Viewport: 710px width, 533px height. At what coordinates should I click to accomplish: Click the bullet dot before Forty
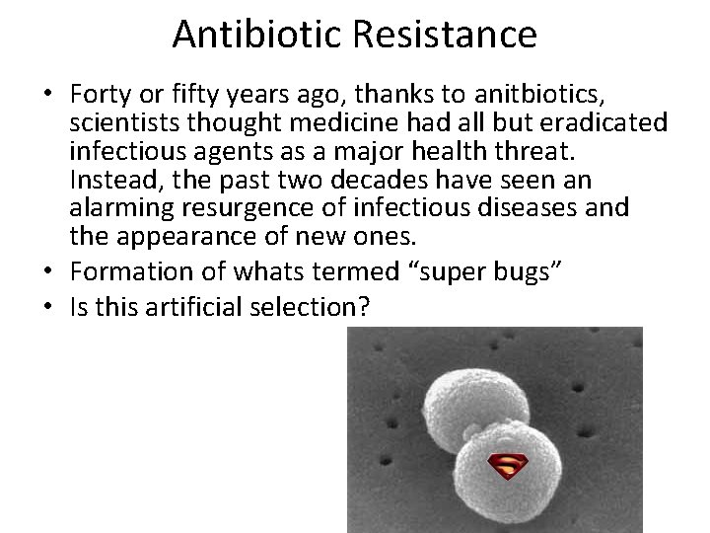(x=48, y=96)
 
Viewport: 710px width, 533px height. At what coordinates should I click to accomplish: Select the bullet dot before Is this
(x=48, y=306)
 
